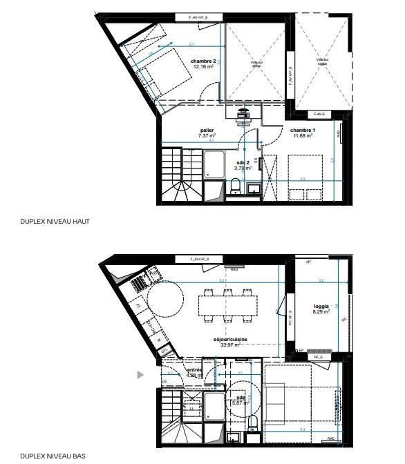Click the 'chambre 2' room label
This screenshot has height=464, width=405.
pos(203,61)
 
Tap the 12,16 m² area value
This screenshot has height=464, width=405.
pos(203,67)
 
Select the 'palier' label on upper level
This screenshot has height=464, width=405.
pos(207,130)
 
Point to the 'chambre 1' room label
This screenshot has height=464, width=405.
pos(303,130)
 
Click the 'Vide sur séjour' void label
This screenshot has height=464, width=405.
pos(256,64)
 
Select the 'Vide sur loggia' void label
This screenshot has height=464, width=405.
pos(323,61)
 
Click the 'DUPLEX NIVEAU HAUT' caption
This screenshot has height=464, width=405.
pos(55,222)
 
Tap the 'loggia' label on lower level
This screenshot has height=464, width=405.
pos(320,305)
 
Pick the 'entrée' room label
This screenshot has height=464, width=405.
pos(194,370)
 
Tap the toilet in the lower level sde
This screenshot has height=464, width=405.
pos(253,422)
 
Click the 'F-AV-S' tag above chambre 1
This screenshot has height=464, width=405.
pos(318,113)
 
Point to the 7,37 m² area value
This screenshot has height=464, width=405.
pos(207,136)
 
